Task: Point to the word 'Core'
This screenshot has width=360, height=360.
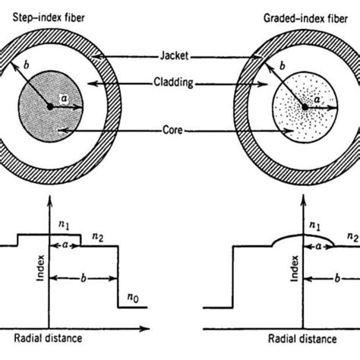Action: tap(178, 132)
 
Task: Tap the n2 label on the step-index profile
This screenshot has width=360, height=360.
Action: tap(99, 238)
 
